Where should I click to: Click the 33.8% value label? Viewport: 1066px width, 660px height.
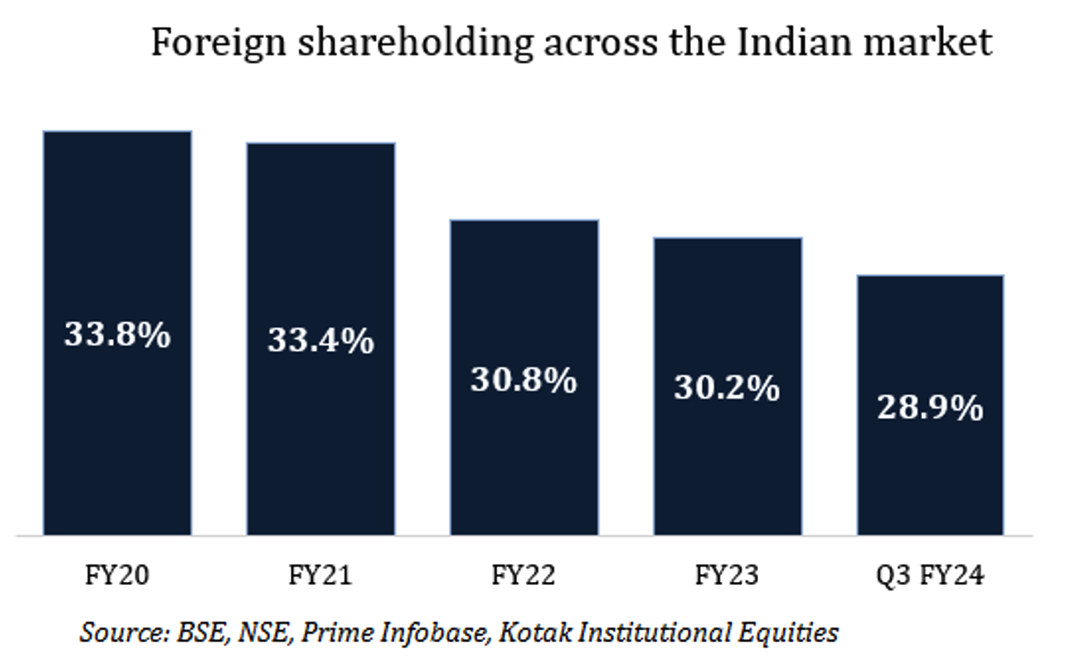coord(118,335)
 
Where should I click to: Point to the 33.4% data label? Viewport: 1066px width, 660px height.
coord(321,341)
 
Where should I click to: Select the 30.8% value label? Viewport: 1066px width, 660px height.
coord(524,380)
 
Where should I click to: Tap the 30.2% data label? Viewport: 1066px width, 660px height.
coord(728,388)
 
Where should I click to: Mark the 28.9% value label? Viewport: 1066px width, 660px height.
coord(930,408)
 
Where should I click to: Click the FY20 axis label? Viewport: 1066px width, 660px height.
coord(118,576)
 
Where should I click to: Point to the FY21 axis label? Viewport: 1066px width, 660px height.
coord(321,576)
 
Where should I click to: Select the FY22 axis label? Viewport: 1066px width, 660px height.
coord(524,576)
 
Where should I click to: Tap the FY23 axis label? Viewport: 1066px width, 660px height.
coord(728,576)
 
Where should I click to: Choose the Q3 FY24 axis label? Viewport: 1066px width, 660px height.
coord(930,576)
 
